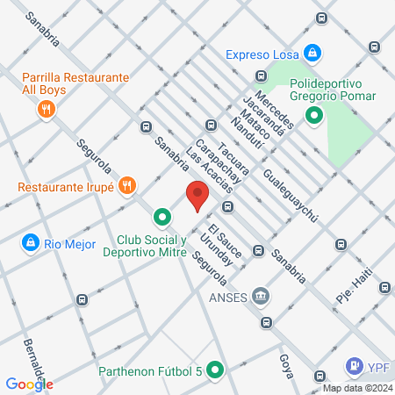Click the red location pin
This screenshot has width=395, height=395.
click(x=197, y=196)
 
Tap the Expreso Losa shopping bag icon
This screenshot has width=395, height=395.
click(x=312, y=54)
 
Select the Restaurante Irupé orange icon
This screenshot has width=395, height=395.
click(x=128, y=185)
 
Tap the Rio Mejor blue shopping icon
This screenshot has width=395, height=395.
click(x=31, y=241)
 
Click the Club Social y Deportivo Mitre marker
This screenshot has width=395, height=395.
click(x=162, y=216)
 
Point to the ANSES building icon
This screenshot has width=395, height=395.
click(x=261, y=296)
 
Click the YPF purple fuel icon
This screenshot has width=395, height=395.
click(x=354, y=364)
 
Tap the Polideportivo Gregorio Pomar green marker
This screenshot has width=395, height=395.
click(x=313, y=115)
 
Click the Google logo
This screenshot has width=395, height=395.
click(x=30, y=384)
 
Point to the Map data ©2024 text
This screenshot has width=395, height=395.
click(x=357, y=387)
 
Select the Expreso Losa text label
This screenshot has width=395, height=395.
click(x=261, y=54)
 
